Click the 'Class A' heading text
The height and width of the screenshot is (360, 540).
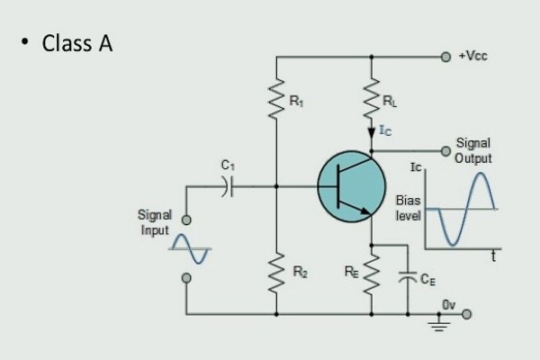[76, 43]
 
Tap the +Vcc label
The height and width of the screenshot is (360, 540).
[473, 56]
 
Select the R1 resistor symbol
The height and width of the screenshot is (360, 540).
[276, 102]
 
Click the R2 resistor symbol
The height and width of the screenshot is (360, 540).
[276, 269]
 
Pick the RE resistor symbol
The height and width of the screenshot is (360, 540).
[371, 269]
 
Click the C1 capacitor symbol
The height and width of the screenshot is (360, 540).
[228, 186]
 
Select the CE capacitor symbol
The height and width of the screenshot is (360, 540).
[409, 278]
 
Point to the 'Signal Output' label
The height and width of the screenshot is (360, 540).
[473, 150]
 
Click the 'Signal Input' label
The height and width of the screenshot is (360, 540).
[155, 222]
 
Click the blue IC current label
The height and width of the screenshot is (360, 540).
[384, 132]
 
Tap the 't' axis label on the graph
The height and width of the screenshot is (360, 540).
[494, 256]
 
